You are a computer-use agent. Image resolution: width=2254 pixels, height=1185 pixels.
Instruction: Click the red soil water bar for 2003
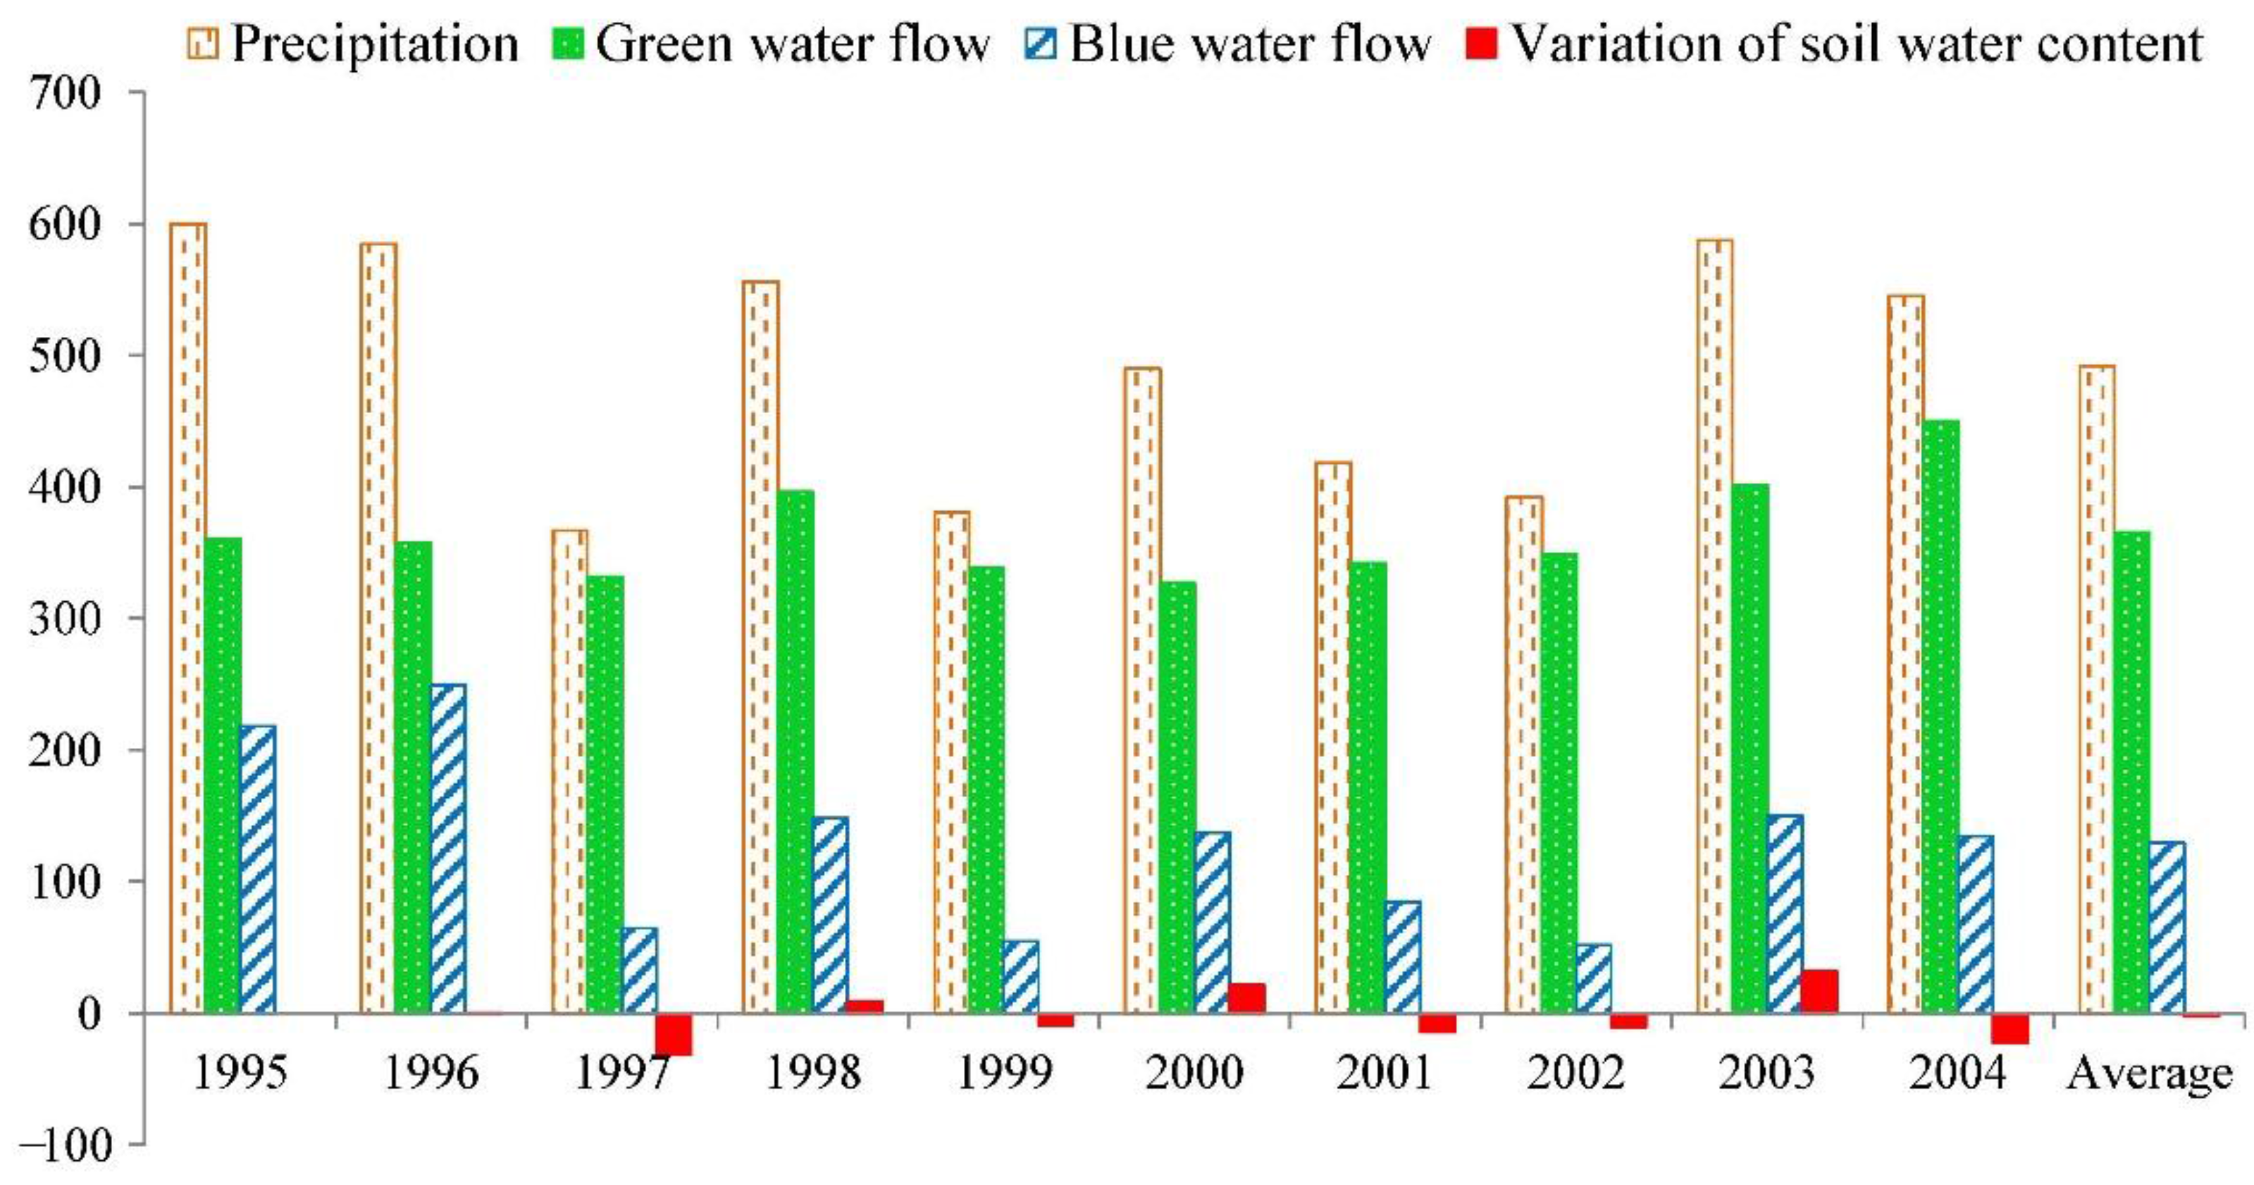tap(1820, 992)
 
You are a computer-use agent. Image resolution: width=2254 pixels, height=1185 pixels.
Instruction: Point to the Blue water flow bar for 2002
tap(1593, 978)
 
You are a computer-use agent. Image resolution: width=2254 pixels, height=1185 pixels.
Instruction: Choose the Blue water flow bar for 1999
tap(1020, 977)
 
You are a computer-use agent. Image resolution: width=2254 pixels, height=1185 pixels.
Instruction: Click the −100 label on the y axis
tap(70, 1145)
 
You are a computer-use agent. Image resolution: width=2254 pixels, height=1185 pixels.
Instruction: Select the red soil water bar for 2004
tap(2010, 1029)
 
